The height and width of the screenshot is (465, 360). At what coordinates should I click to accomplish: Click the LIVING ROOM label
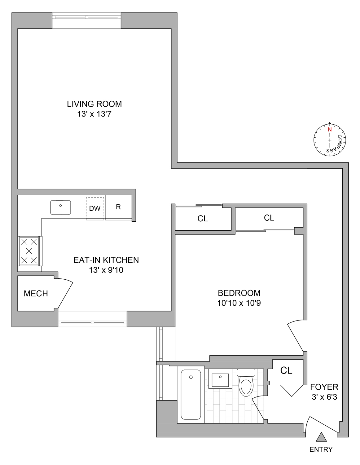(94, 104)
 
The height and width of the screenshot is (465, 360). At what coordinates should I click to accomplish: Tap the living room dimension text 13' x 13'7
(94, 114)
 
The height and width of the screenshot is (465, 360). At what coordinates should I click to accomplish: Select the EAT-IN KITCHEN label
(106, 260)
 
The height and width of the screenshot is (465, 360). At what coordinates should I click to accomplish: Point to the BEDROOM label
(239, 293)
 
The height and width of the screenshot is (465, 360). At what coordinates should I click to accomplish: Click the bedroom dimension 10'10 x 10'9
(239, 303)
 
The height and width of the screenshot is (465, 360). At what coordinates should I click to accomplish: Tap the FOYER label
(324, 387)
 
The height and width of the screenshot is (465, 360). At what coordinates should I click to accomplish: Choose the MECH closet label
(36, 294)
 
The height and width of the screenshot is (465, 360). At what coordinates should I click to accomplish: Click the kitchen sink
(60, 207)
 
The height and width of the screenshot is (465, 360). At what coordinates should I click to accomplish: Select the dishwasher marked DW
(95, 208)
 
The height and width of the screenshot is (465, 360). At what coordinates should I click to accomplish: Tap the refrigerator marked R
(118, 207)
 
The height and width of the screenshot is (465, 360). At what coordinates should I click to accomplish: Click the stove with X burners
(29, 251)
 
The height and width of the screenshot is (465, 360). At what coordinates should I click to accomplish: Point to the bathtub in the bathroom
(191, 394)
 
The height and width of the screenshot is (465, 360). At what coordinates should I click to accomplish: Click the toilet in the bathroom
(246, 384)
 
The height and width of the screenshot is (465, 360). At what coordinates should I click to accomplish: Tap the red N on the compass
(330, 130)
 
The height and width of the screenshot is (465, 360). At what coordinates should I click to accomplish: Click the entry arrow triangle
(321, 437)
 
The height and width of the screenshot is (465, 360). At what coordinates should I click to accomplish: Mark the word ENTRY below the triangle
(321, 449)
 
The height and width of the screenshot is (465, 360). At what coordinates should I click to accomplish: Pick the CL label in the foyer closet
(286, 370)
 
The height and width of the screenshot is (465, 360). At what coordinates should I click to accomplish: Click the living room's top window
(86, 17)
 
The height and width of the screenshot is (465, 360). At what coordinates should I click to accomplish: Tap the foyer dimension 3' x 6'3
(324, 397)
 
